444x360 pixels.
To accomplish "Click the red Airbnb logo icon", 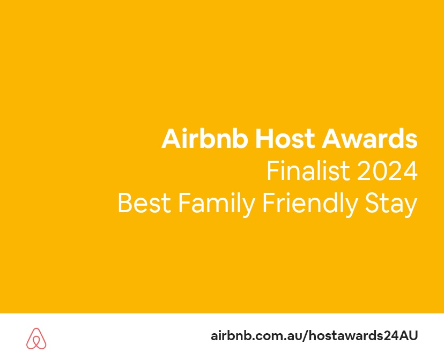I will pos(36,338).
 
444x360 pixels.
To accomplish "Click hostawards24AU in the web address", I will pos(360,336).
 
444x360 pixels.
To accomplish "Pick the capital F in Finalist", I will pos(272,171).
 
